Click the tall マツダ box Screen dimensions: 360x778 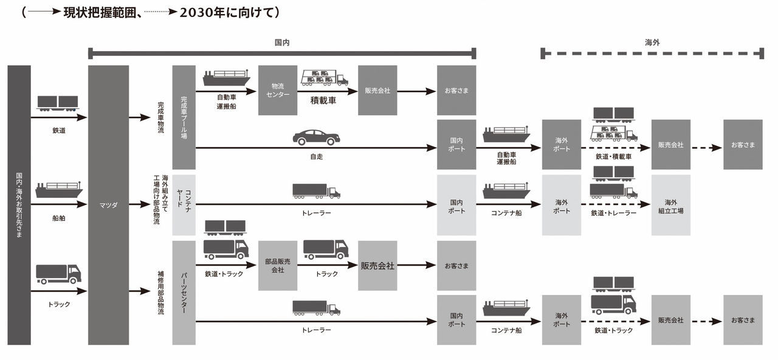pyautogui.click(x=108, y=205)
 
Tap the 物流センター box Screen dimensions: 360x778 pyautogui.click(x=278, y=90)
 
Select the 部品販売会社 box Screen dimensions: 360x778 pyautogui.click(x=278, y=266)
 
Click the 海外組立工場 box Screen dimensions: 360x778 pyautogui.click(x=670, y=206)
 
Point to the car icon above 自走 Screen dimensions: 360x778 pyautogui.click(x=316, y=137)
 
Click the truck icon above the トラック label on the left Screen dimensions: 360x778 pyautogui.click(x=58, y=274)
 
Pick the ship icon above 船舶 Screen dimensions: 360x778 pyautogui.click(x=58, y=190)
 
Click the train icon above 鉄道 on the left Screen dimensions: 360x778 pyautogui.click(x=58, y=103)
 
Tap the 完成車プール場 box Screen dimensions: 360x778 pyautogui.click(x=184, y=117)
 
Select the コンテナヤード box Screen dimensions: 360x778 pyautogui.click(x=184, y=205)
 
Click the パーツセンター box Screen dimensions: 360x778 pyautogui.click(x=184, y=292)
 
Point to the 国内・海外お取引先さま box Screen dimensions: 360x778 pyautogui.click(x=19, y=205)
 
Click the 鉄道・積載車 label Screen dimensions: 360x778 pyautogui.click(x=613, y=157)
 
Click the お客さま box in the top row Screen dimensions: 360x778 pyautogui.click(x=456, y=91)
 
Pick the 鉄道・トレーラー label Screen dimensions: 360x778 pyautogui.click(x=613, y=213)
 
